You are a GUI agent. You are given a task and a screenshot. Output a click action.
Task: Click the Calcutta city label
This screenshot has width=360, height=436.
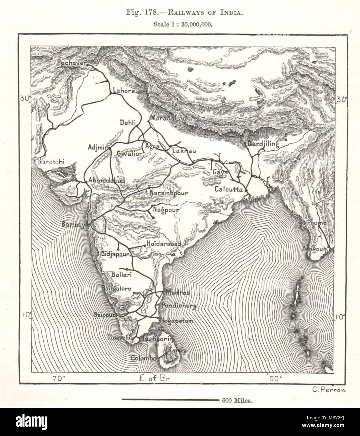click(229, 189)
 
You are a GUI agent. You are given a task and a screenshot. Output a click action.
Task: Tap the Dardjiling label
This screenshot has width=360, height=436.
click(263, 144)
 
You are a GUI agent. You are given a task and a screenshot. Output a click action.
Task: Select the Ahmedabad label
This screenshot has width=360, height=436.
click(107, 180)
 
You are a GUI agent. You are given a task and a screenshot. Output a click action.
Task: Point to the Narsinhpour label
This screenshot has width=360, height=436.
click(169, 193)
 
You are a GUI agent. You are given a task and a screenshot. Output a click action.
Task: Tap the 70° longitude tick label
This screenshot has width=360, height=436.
click(59, 378)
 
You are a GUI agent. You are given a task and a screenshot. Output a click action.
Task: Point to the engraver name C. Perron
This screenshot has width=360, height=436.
click(329, 390)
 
